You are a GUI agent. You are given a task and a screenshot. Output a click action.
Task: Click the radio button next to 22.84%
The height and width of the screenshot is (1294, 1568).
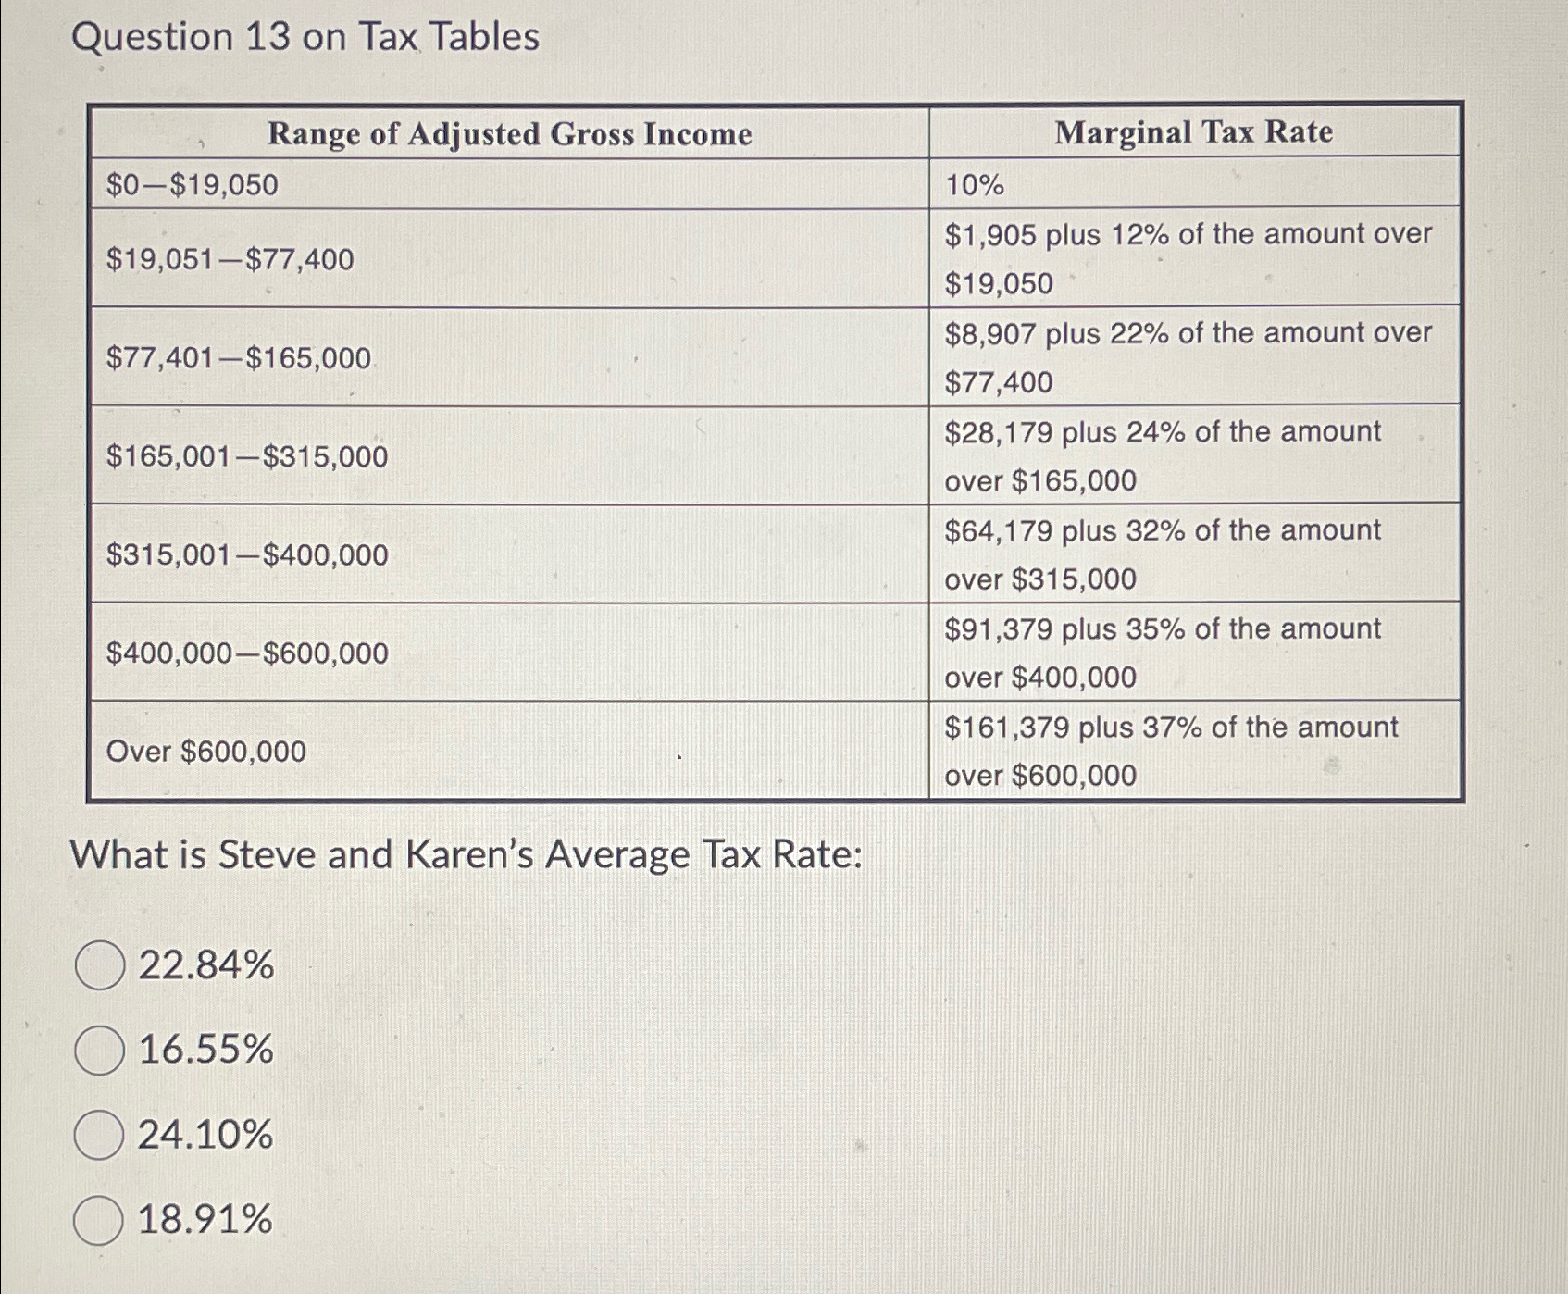100,965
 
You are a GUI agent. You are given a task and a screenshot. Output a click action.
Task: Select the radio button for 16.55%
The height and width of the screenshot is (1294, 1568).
100,1051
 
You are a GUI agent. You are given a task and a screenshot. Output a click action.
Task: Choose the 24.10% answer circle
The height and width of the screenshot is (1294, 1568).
99,1136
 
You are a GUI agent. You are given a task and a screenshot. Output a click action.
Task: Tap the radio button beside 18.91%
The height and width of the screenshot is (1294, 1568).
99,1220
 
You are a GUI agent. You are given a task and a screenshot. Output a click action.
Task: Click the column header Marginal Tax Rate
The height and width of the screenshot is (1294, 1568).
1193,132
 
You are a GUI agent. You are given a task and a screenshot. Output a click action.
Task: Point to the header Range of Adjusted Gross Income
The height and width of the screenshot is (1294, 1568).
509,134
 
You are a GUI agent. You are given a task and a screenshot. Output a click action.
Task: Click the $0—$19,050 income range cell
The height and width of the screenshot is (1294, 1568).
192,185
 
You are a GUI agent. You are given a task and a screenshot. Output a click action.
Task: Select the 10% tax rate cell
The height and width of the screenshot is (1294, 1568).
974,185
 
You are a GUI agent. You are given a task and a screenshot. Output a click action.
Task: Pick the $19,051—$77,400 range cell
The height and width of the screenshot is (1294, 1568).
230,259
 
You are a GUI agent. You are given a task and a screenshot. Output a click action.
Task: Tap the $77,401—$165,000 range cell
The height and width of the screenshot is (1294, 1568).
238,358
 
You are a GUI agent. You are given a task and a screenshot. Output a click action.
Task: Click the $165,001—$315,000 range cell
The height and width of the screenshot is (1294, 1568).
246,456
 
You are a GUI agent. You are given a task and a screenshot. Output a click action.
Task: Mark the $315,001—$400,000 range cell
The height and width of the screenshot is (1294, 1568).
246,554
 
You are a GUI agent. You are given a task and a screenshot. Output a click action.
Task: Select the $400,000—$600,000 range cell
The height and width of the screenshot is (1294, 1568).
246,653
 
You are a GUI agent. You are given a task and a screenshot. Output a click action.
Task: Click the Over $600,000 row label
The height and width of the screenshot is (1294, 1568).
205,752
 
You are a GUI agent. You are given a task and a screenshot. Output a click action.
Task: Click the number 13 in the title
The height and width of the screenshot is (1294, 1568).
268,37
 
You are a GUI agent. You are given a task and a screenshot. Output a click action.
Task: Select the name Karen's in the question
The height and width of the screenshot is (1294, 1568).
469,854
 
